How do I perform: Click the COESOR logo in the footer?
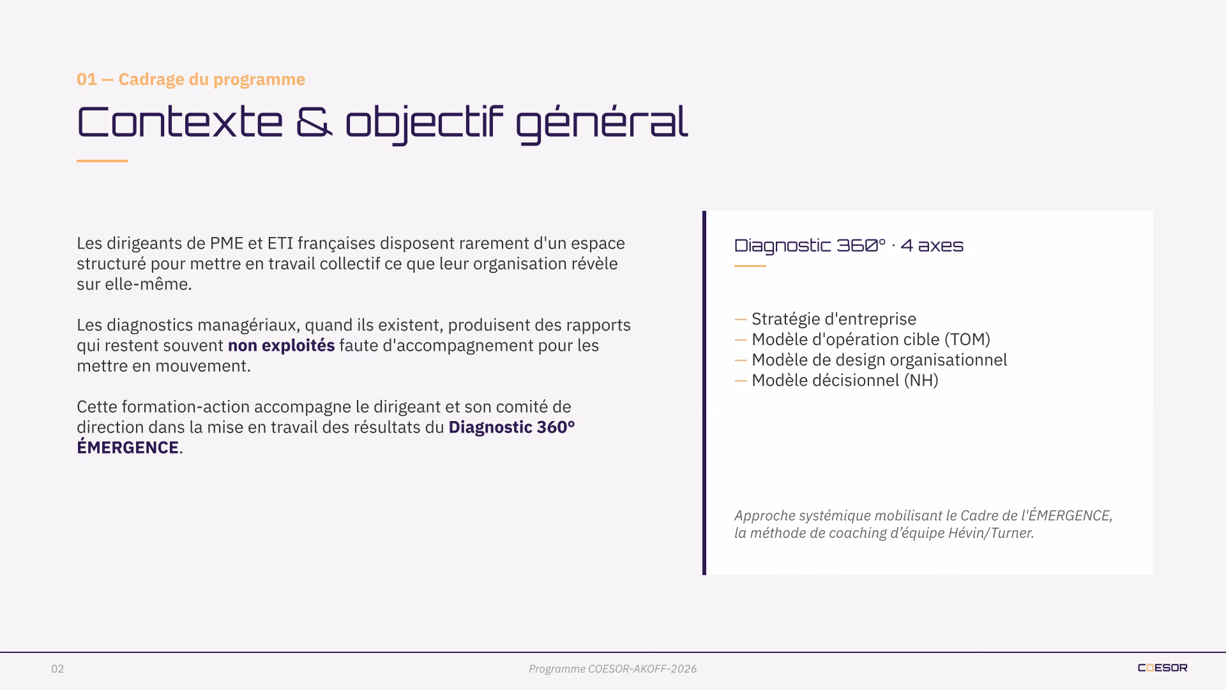[1162, 668]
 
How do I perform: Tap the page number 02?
[57, 669]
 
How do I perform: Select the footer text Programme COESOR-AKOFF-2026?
[612, 669]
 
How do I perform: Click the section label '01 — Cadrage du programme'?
[191, 79]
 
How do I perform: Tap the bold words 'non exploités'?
[281, 346]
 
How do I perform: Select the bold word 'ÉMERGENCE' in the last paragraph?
[128, 447]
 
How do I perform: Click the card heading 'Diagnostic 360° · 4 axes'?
[849, 245]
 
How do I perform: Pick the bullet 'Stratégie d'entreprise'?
[834, 319]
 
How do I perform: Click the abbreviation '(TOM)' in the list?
[967, 339]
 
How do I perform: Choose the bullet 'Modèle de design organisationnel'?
[879, 360]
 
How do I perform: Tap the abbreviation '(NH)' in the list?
[921, 380]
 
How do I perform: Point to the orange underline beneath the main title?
[102, 160]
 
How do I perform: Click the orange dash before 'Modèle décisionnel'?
[741, 381]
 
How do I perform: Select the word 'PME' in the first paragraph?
[227, 243]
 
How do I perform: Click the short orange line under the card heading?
[750, 266]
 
